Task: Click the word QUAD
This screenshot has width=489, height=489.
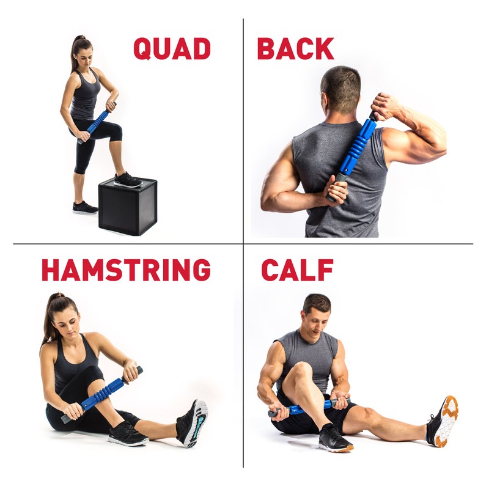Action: pos(172,49)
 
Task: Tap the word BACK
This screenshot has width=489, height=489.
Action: pos(295,49)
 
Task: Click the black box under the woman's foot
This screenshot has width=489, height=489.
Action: pos(128,207)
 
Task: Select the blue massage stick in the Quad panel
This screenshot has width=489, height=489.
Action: pos(97,123)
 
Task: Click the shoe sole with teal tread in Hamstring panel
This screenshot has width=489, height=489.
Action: pos(194,422)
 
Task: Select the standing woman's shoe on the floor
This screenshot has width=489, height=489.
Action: pos(84,207)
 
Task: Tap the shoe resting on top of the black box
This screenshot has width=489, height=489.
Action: pos(128,180)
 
